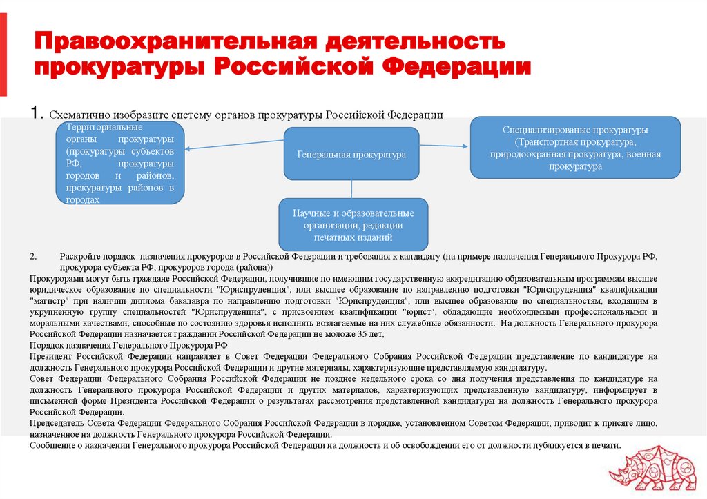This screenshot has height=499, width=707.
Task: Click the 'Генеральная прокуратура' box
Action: [x=351, y=154]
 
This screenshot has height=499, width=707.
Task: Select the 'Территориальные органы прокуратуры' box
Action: [x=119, y=163]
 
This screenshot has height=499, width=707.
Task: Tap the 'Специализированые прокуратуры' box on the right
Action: [x=575, y=148]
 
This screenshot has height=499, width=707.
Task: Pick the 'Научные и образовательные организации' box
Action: [x=353, y=224]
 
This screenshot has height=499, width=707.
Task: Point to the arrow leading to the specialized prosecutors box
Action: [x=445, y=145]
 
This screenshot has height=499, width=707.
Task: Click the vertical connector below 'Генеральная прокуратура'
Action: [x=352, y=189]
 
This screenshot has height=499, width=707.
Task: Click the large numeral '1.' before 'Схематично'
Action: [x=37, y=113]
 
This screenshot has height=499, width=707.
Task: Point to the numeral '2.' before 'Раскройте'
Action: [x=33, y=256]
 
